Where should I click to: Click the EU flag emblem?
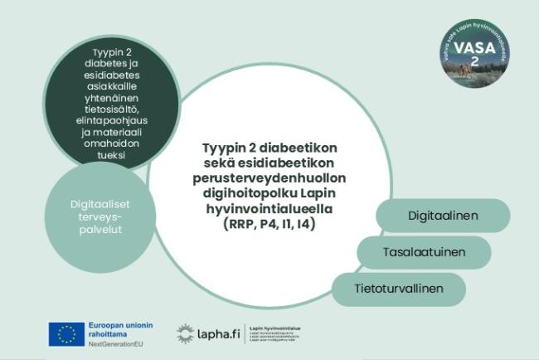[66, 333]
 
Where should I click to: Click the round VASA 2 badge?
[475, 54]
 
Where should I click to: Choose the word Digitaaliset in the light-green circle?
[100, 203]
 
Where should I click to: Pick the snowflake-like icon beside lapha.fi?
[185, 334]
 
